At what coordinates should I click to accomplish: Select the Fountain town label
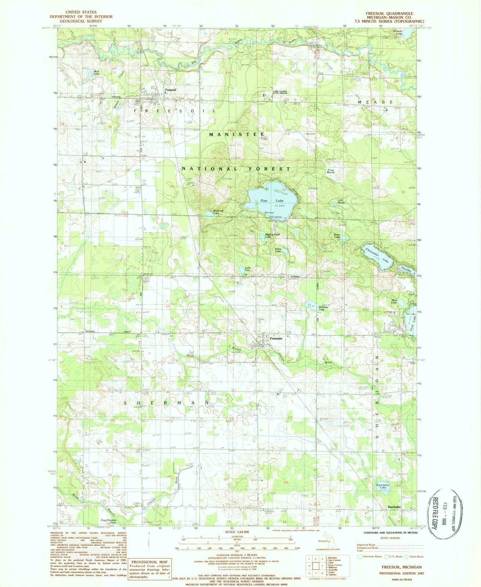(x=276, y=338)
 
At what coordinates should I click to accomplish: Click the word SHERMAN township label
(x=168, y=402)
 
